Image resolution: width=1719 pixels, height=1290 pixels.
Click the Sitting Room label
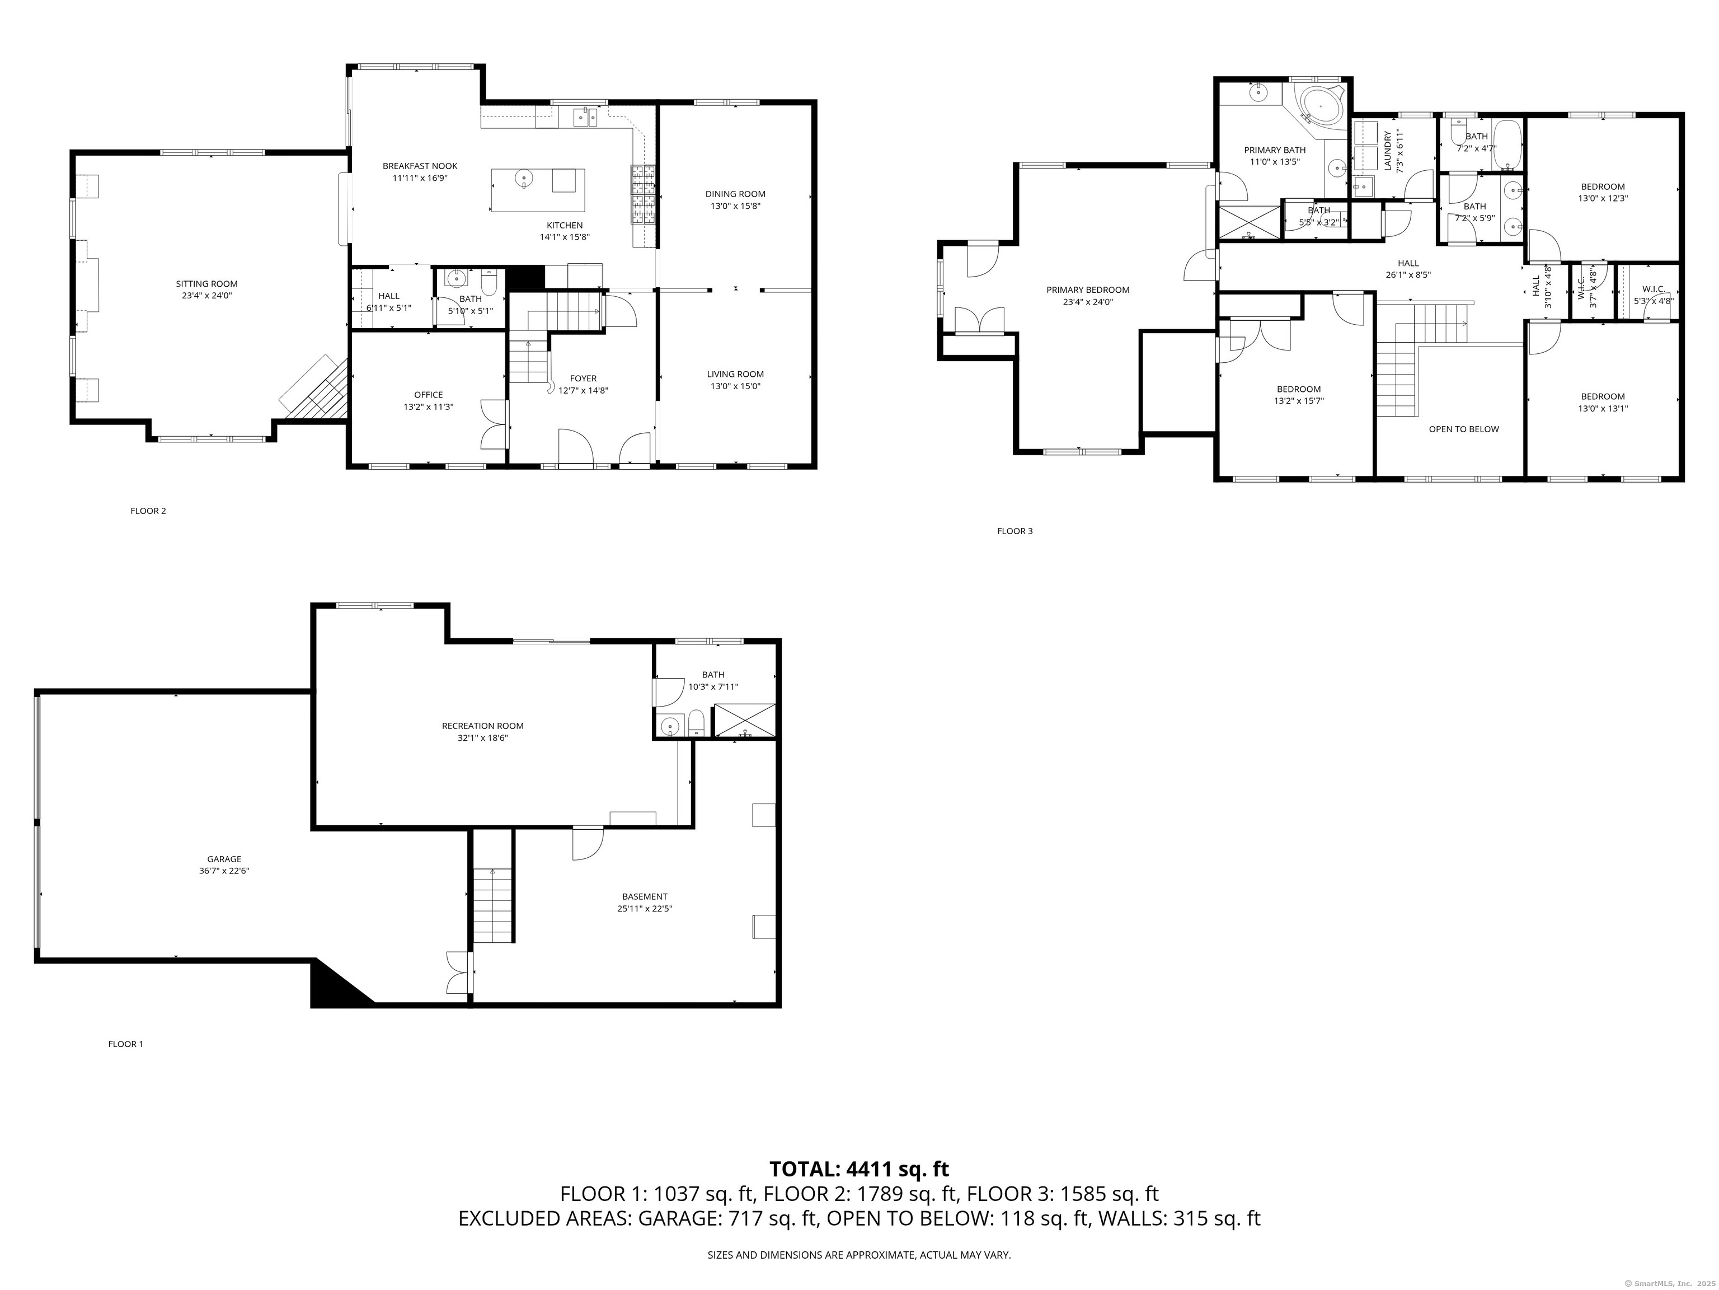[x=206, y=284]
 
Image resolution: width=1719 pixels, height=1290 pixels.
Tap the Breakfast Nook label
[x=420, y=166]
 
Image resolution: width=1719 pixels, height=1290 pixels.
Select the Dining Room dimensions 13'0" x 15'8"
[x=735, y=206]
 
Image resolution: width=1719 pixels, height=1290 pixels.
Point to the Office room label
[x=428, y=394]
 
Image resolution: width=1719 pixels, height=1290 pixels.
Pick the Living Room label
[x=735, y=373]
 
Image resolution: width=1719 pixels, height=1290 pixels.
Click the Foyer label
[x=583, y=378]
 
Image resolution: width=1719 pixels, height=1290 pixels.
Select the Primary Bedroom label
[x=1088, y=289]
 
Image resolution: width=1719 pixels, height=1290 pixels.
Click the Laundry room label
[x=1387, y=151]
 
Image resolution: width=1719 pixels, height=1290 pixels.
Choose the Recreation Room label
[x=482, y=726]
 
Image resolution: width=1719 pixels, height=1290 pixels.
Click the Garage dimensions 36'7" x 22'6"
[x=224, y=871]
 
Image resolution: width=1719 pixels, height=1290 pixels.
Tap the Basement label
[x=644, y=896]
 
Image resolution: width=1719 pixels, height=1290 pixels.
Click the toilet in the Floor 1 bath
[x=696, y=722]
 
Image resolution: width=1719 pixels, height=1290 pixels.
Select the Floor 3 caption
[x=1015, y=531]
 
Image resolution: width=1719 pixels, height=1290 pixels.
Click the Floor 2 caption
[x=148, y=511]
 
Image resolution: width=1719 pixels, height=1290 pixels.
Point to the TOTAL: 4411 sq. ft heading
[x=859, y=1169]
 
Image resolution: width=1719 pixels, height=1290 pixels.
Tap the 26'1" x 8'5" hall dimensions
[x=1407, y=274]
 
